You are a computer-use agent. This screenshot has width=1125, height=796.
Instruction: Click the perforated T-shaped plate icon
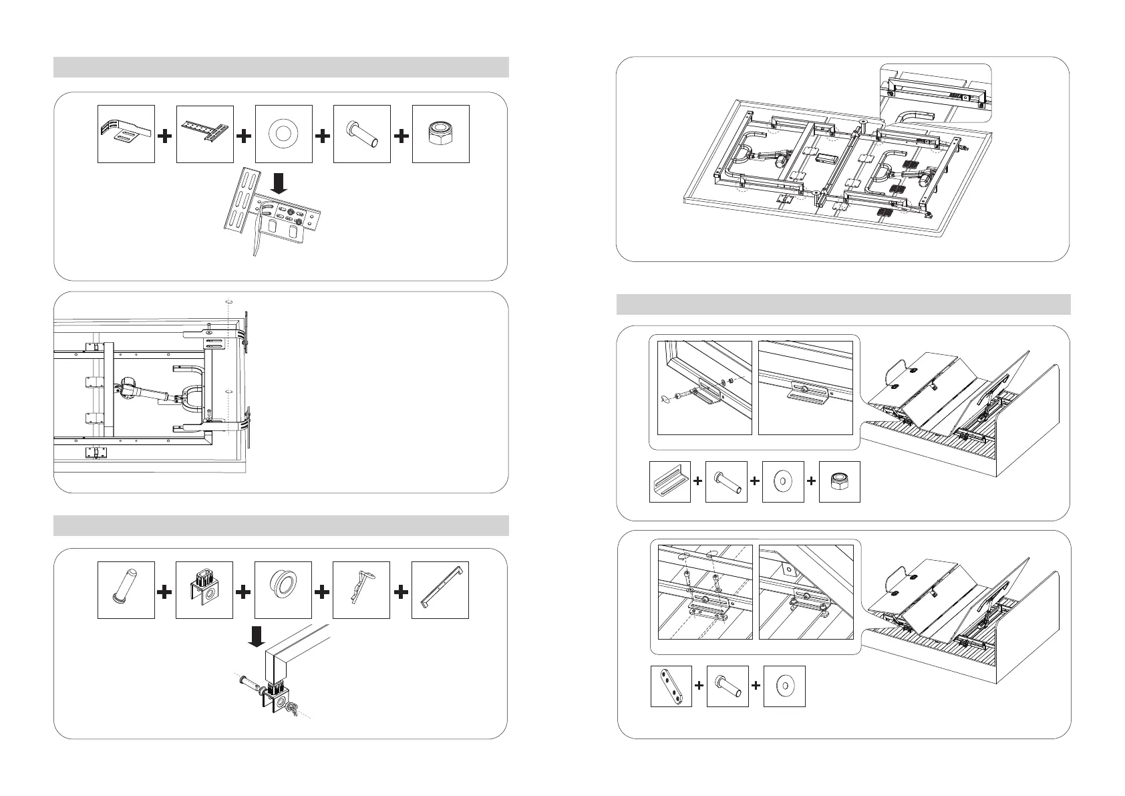pos(204,134)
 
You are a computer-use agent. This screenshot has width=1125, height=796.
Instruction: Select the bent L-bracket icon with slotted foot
pos(126,134)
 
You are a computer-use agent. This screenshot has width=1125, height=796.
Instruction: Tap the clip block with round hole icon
pos(204,589)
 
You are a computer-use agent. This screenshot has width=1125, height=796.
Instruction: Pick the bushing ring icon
pos(283,589)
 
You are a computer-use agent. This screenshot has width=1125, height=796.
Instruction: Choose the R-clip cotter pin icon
pos(361,589)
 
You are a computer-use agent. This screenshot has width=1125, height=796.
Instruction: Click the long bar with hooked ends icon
pos(440,589)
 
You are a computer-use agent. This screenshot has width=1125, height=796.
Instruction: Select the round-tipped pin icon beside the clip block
pos(126,589)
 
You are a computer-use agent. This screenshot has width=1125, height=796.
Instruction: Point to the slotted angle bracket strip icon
pos(669,481)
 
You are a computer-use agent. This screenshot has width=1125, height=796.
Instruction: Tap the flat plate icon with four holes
pos(671,686)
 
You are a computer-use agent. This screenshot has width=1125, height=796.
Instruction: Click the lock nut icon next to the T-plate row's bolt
pos(440,134)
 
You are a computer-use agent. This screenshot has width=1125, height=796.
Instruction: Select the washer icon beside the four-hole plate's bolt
pos(784,686)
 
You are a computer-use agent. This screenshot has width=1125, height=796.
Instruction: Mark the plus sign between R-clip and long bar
pos(401,591)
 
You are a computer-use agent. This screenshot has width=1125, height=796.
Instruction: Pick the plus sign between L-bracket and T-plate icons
pos(165,136)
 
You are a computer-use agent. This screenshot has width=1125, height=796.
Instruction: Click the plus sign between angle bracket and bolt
pos(697,481)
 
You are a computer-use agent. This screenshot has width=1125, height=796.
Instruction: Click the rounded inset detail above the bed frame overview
pos(935,94)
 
